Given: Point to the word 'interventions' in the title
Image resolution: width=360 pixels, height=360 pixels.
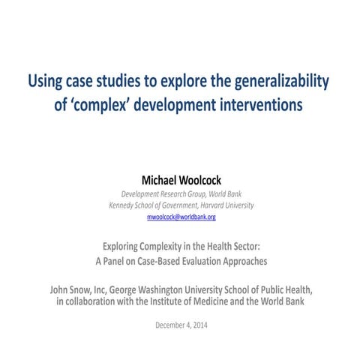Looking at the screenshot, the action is pos(259,104).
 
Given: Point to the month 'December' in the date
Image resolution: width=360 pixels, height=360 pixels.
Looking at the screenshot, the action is pos(170,325).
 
